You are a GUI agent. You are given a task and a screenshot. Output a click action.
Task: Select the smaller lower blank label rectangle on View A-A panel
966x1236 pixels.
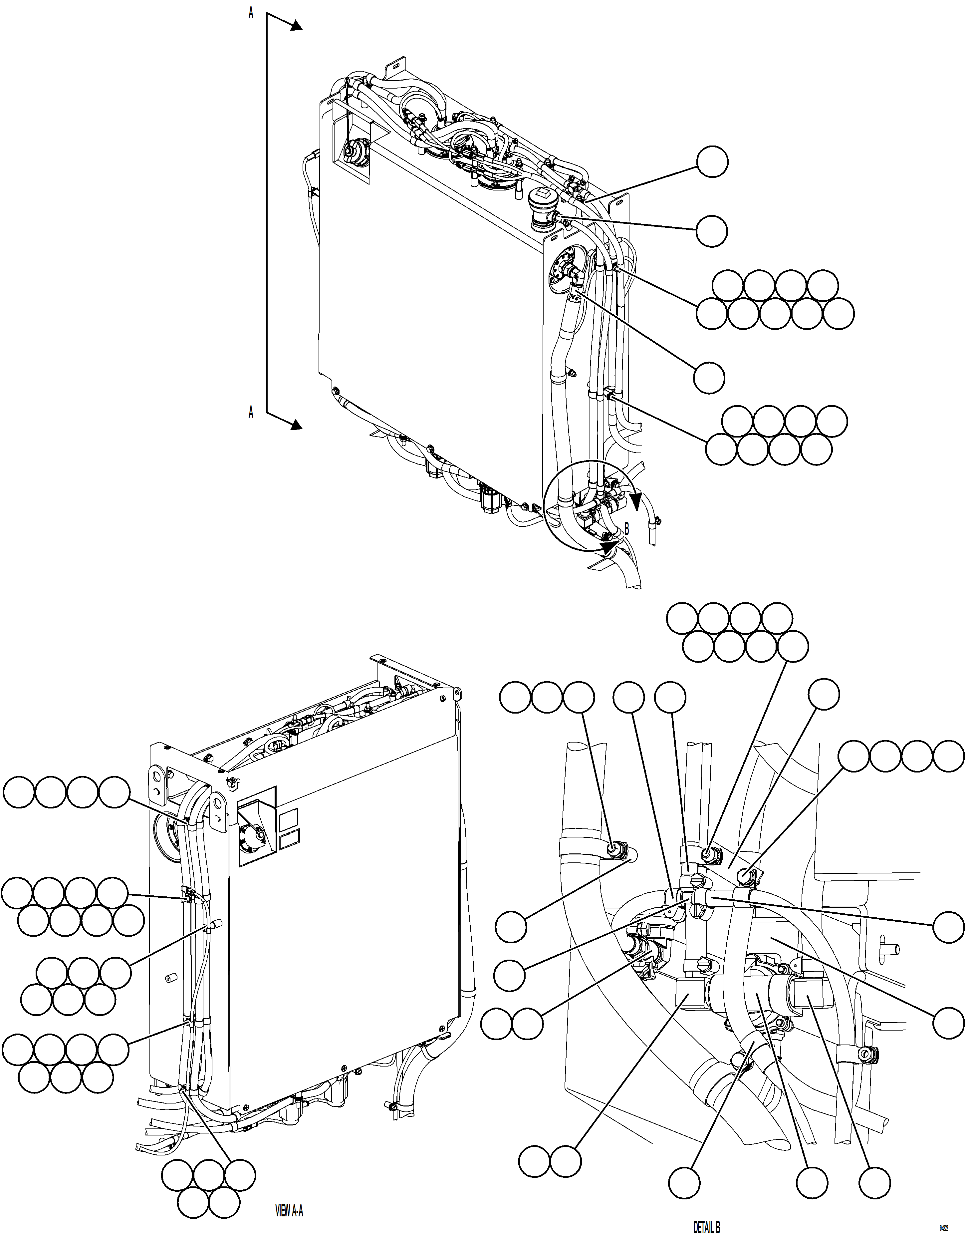pyautogui.click(x=289, y=840)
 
